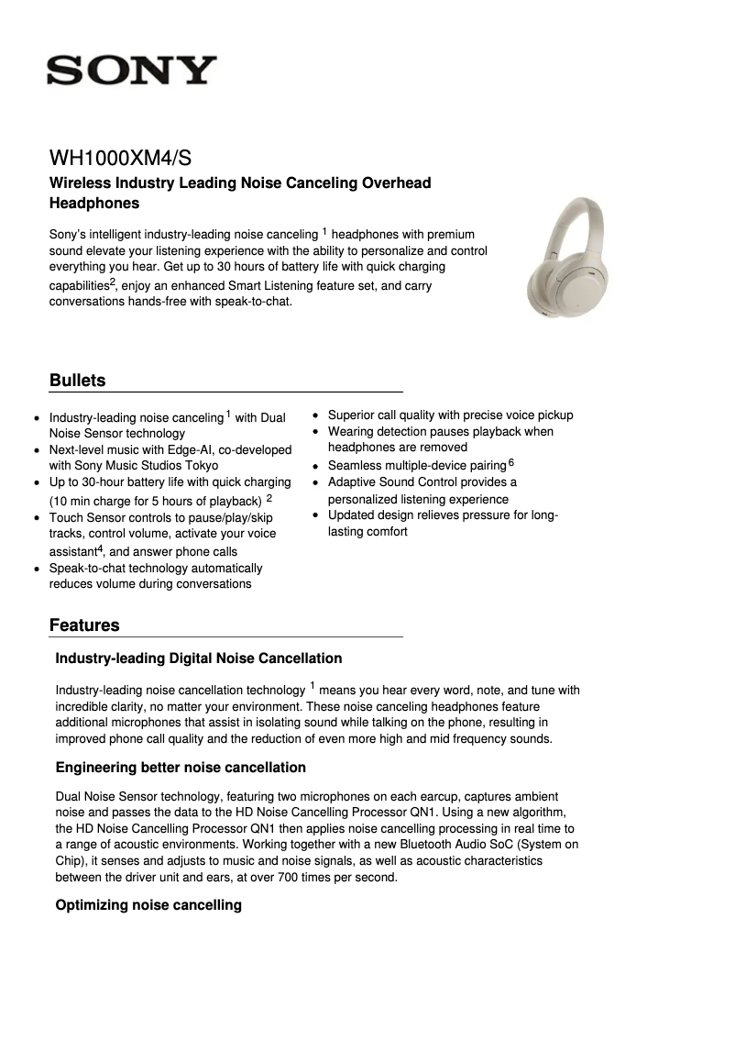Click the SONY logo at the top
click(132, 71)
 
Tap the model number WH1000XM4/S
click(120, 158)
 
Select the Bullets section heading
click(77, 381)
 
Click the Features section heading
click(84, 625)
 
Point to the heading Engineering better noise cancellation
click(181, 768)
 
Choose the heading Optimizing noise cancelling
click(148, 906)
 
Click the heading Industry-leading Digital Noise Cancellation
click(199, 658)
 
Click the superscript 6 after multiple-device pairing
click(511, 462)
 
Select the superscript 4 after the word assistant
click(99, 548)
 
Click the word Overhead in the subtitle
click(391, 183)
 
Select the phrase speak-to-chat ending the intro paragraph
click(252, 301)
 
